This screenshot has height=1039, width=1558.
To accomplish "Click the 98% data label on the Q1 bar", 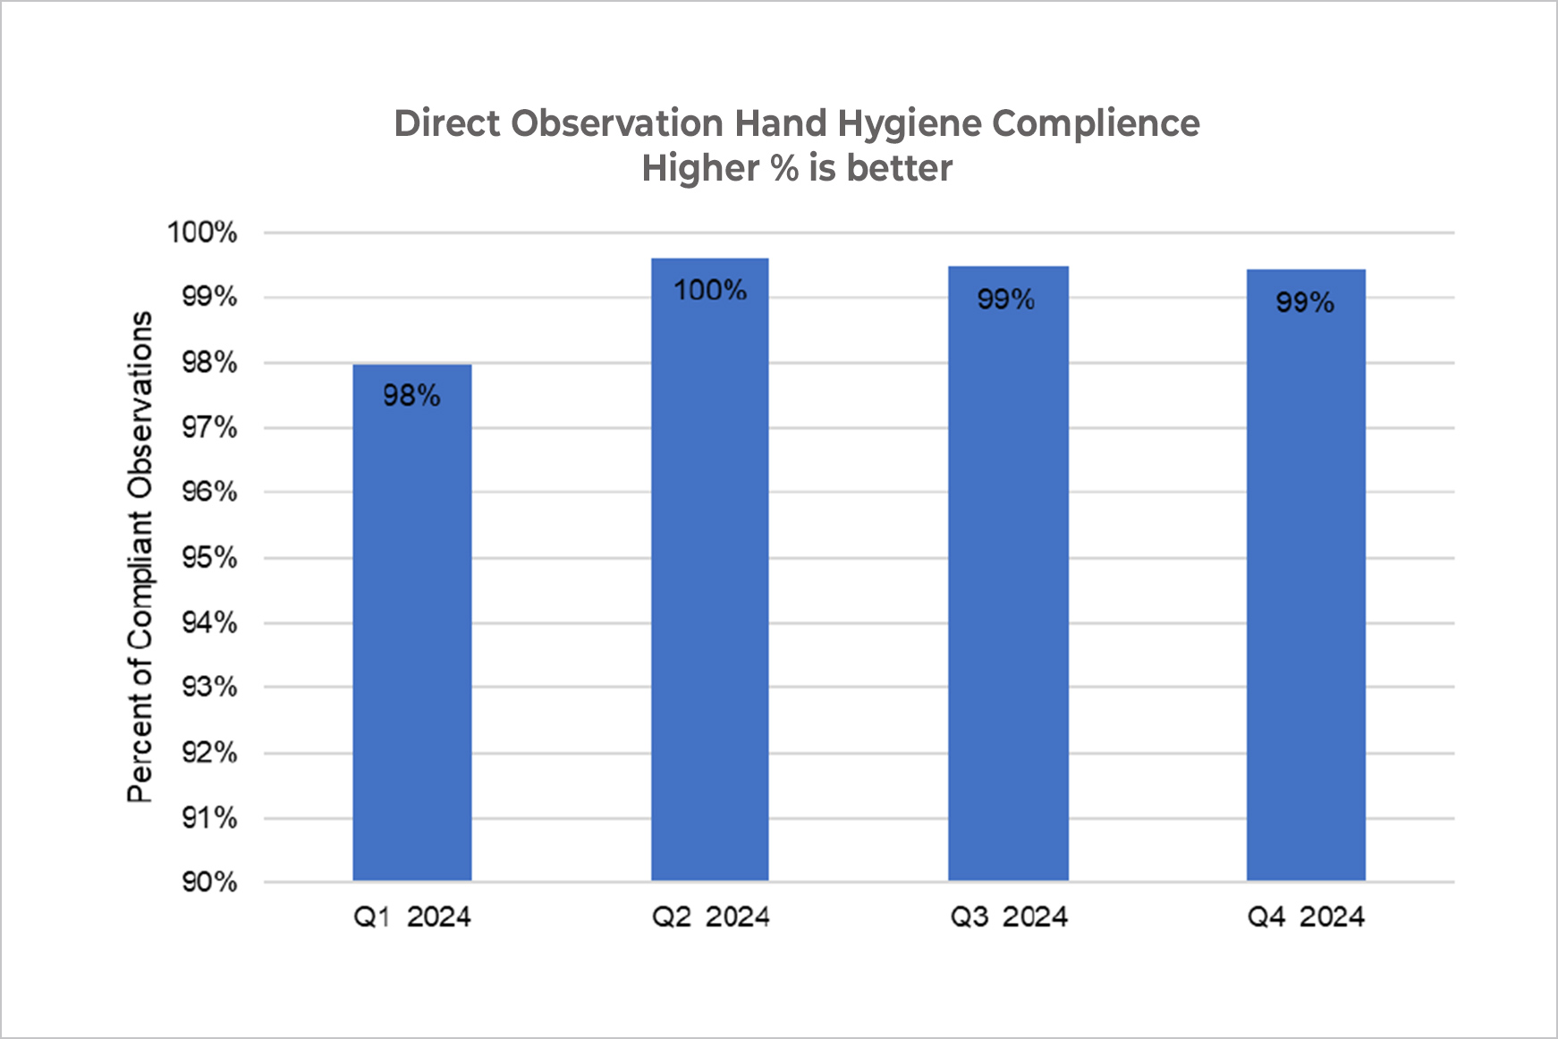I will click(x=411, y=395).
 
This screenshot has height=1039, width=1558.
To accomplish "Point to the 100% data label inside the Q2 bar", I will click(x=709, y=290).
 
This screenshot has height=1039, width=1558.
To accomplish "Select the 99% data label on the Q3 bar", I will click(x=1006, y=299).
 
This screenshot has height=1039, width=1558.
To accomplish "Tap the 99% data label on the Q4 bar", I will click(x=1305, y=302).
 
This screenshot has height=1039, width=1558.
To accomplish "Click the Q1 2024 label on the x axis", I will click(x=411, y=917).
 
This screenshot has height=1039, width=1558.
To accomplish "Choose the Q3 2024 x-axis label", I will click(x=1008, y=917).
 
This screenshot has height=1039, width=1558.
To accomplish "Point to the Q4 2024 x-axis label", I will click(x=1306, y=917).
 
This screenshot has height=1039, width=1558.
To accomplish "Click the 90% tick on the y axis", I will click(x=210, y=883).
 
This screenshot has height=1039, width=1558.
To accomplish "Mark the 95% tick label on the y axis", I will click(x=210, y=558).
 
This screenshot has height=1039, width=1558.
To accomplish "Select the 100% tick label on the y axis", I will click(x=202, y=232).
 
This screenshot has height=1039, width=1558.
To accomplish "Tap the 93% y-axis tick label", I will click(x=210, y=688).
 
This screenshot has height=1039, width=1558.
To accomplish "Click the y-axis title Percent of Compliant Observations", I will click(x=140, y=556).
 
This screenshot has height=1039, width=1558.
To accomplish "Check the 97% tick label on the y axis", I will click(x=210, y=427).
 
